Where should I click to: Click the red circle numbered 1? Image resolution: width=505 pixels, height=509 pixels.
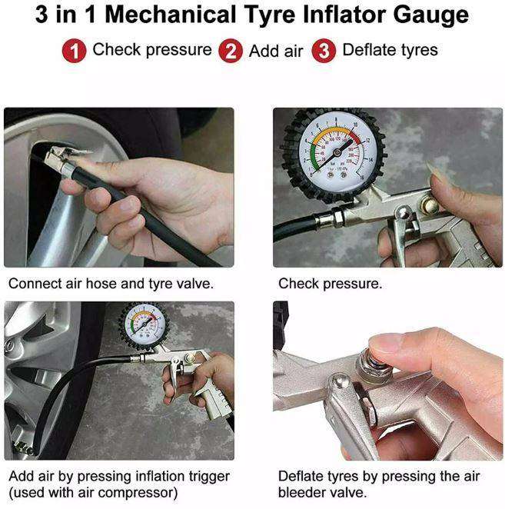[74, 52]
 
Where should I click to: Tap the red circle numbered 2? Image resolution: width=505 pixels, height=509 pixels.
[231, 52]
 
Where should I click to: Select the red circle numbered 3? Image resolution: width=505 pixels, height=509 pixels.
[325, 52]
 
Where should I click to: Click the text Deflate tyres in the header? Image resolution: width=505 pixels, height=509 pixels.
[390, 51]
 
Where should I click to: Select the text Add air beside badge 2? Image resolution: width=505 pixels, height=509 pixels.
[276, 52]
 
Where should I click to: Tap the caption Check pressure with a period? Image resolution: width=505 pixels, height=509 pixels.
[330, 284]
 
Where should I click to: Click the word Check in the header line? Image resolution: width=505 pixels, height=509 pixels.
[115, 51]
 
